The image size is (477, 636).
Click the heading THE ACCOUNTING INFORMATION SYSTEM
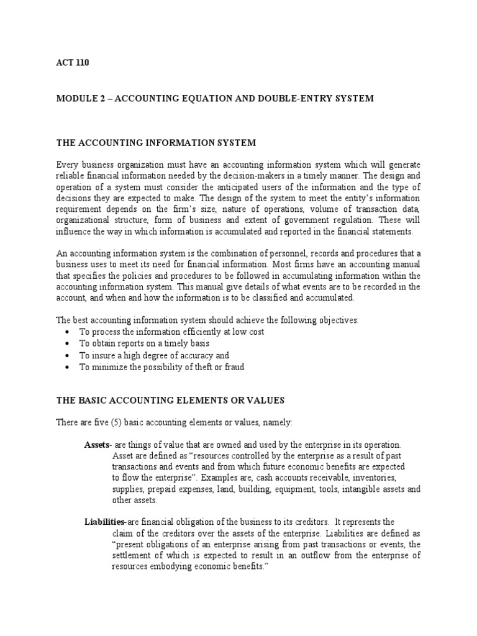(156, 142)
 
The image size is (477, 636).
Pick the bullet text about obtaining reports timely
(143, 343)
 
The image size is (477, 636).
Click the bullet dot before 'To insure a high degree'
(66, 356)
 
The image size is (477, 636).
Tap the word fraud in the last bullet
(234, 367)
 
